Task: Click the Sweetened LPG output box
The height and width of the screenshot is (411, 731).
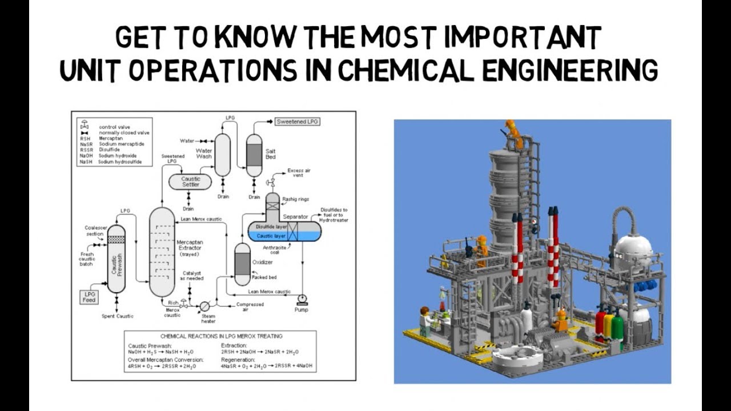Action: [298, 122]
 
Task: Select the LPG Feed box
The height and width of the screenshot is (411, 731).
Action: [90, 296]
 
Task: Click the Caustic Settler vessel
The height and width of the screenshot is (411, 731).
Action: [190, 182]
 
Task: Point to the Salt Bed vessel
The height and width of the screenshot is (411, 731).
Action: [254, 155]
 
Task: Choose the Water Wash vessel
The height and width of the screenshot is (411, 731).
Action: [222, 155]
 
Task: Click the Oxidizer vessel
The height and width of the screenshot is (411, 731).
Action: [243, 264]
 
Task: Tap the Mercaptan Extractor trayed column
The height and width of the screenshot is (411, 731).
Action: [162, 251]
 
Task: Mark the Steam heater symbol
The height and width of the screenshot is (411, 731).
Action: [204, 306]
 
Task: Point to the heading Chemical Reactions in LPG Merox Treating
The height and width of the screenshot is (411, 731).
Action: [222, 336]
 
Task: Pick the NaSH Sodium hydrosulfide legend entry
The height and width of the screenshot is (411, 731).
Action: [112, 162]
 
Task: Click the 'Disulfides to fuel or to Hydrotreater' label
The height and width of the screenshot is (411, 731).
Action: [334, 215]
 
